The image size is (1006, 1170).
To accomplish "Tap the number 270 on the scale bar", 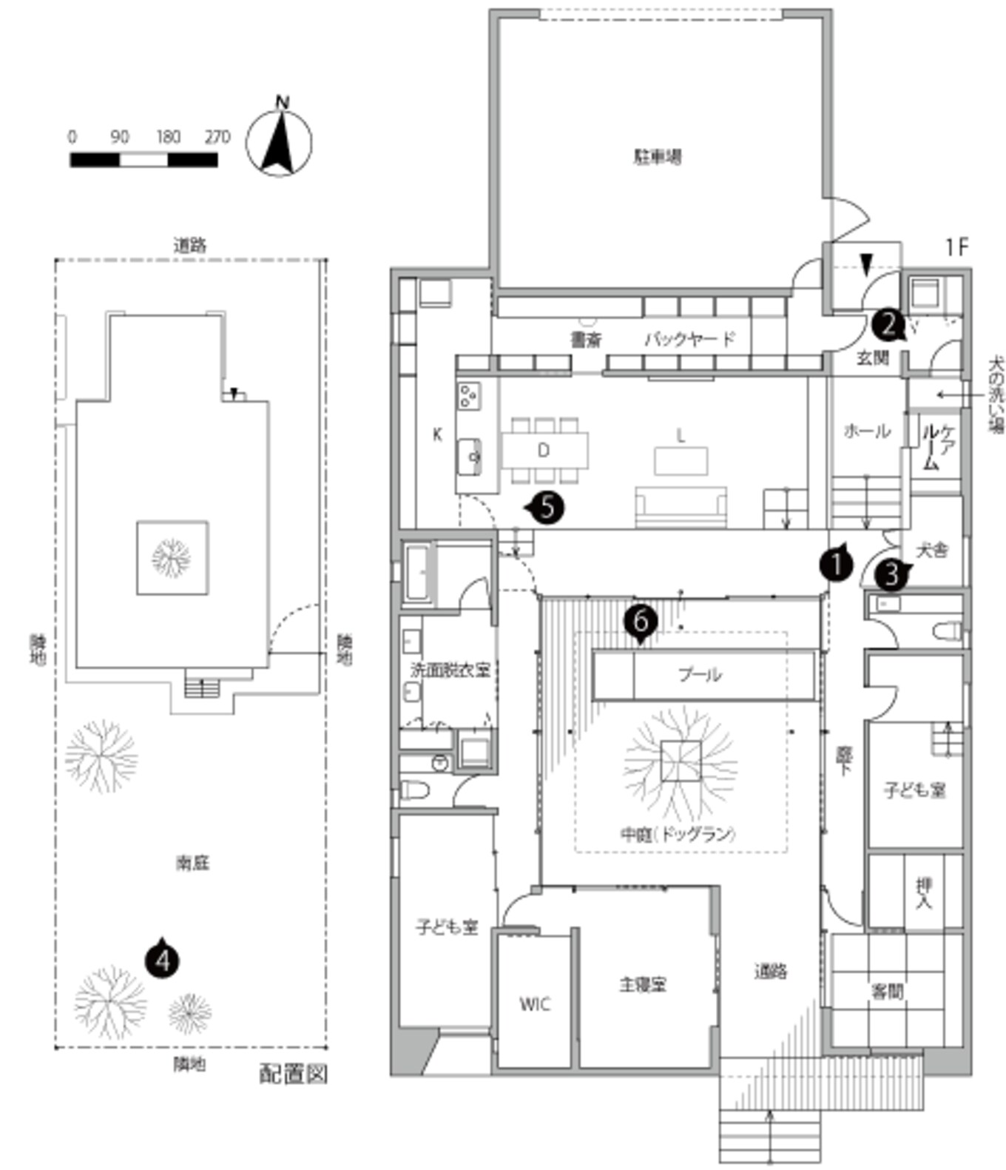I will pos(217,137).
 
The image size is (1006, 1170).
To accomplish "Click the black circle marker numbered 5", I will pos(547,507).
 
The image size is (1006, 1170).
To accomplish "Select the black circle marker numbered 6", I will pos(641,619).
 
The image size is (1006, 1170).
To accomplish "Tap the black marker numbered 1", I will pos(837,565).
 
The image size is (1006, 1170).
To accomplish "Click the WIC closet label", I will pos(534,1003).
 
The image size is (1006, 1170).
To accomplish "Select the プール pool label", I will pos(700,674).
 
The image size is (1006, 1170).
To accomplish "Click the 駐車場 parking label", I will pos(658,157).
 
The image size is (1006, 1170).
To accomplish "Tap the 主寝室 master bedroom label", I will pos(643,984).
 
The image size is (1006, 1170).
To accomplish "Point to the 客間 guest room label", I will pos(887,991).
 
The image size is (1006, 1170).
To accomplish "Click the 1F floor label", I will pos(956,247).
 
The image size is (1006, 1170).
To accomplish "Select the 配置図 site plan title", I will pos(293,1074).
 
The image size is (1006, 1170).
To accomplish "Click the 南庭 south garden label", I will pos(192,862).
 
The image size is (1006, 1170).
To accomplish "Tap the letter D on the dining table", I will pos(544,450).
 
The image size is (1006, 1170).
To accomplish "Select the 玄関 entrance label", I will pos(872,358).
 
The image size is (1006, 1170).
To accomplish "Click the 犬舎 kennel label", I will pos(931,550).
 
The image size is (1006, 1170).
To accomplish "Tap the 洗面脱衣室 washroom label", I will pos(450,670).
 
